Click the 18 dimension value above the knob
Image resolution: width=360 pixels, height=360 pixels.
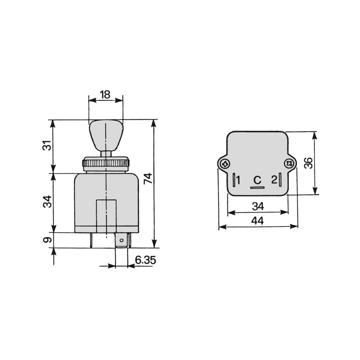click(105, 95)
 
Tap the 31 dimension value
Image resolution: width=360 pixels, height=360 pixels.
click(47, 145)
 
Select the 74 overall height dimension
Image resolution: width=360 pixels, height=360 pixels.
click(148, 179)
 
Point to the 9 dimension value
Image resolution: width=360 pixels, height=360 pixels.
click(47, 240)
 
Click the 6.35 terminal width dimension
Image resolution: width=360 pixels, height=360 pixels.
click(145, 260)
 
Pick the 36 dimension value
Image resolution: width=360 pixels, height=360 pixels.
click(309, 163)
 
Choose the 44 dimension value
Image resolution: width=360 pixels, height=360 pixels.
click(257, 221)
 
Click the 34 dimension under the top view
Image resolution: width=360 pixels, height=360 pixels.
click(258, 206)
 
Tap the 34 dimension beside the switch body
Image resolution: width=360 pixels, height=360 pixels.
click(47, 202)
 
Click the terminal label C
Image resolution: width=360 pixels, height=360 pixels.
click(257, 180)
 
